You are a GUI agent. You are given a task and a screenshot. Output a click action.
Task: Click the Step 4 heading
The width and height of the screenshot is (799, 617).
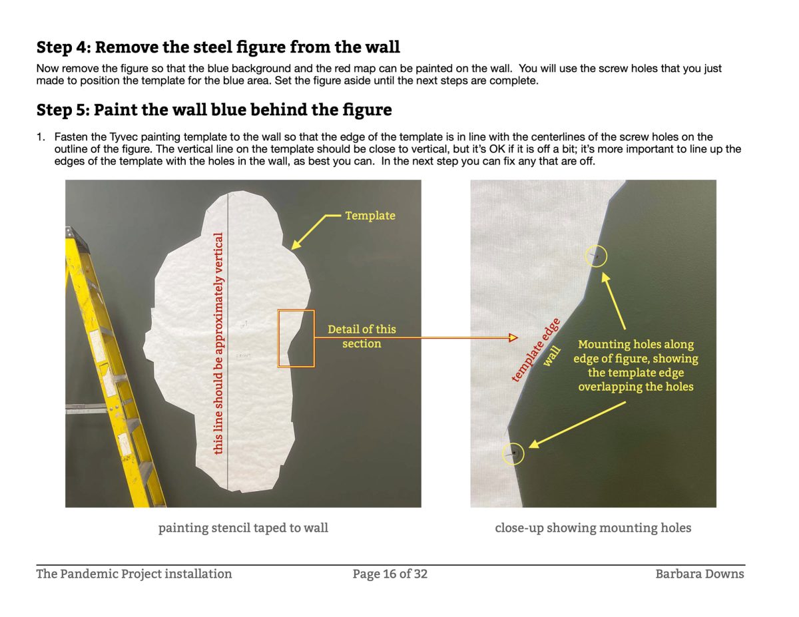pos(218,47)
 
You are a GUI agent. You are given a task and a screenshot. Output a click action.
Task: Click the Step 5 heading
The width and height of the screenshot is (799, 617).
pos(214,110)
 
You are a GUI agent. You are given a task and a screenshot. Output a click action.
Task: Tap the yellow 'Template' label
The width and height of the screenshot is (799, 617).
pos(370,216)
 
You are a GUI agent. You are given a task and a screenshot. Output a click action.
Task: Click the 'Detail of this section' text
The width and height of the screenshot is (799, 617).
pos(362,336)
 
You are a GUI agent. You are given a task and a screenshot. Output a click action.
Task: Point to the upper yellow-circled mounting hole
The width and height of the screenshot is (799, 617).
pos(596,256)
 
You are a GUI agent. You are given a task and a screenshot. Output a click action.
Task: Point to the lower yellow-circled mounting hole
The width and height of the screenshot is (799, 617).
pos(513,454)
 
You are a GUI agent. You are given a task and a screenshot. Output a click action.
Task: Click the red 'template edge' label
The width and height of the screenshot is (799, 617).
pos(536,350)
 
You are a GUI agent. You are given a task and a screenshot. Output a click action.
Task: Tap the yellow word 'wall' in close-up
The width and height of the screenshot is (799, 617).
pos(552,356)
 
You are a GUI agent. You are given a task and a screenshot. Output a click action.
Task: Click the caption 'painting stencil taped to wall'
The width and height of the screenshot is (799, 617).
pos(243,528)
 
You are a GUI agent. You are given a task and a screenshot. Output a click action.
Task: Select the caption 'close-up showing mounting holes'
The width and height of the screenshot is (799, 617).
pos(593,528)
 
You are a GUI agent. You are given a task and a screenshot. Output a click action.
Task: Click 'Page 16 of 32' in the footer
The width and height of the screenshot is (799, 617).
pos(390,574)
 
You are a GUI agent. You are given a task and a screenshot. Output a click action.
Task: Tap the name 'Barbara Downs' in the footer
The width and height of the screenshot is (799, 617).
pos(699,574)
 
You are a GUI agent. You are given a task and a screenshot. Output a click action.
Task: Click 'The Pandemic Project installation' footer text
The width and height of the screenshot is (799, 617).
pos(134,574)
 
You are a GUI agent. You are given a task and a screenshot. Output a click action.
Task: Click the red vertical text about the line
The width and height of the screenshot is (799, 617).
pos(218,343)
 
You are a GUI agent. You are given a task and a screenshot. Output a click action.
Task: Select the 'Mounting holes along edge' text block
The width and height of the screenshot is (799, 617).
pos(635,365)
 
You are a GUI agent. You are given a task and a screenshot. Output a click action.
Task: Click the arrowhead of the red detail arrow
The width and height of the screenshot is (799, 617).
pos(513,337)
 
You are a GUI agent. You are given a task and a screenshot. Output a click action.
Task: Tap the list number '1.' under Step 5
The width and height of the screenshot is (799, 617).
pos(41,137)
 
